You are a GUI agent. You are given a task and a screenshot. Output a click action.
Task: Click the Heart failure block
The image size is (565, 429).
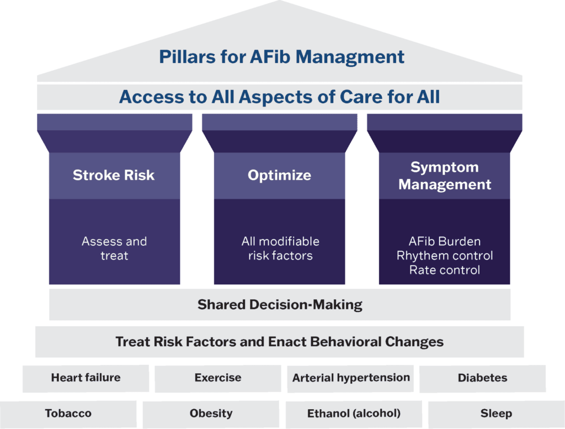pos(86,378)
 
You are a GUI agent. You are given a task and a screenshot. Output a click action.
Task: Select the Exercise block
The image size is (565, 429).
pos(217,378)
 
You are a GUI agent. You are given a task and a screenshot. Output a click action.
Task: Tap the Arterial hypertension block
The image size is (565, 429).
pos(351,378)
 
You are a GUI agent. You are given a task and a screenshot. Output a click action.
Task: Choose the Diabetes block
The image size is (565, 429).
pos(482,378)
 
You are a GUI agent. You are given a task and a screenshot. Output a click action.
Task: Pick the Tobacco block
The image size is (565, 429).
pos(68,414)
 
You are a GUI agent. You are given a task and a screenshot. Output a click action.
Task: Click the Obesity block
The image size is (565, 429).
pos(211,414)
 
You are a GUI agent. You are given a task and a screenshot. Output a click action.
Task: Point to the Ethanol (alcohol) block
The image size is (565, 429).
pos(354,414)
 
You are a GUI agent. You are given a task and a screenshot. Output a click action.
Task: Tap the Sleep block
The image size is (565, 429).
pos(496,414)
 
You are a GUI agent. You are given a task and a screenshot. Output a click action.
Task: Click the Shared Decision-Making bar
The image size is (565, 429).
pos(280,304)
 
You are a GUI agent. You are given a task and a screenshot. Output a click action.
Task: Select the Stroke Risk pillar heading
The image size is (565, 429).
pos(114,176)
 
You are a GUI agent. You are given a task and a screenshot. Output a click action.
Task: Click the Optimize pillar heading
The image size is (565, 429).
pos(279,176)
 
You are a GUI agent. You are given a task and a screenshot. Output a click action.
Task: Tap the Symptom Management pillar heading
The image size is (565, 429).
pos(445,176)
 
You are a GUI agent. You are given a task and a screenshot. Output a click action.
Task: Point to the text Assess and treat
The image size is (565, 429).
pos(114,248)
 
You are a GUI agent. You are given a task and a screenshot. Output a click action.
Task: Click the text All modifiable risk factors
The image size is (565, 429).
pos(280,248)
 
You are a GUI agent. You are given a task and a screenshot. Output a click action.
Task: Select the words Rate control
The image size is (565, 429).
pos(445,270)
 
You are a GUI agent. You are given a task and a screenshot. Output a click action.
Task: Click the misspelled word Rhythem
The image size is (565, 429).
pos(419,256)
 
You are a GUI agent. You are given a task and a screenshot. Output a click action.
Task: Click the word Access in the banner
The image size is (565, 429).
pos(148,97)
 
